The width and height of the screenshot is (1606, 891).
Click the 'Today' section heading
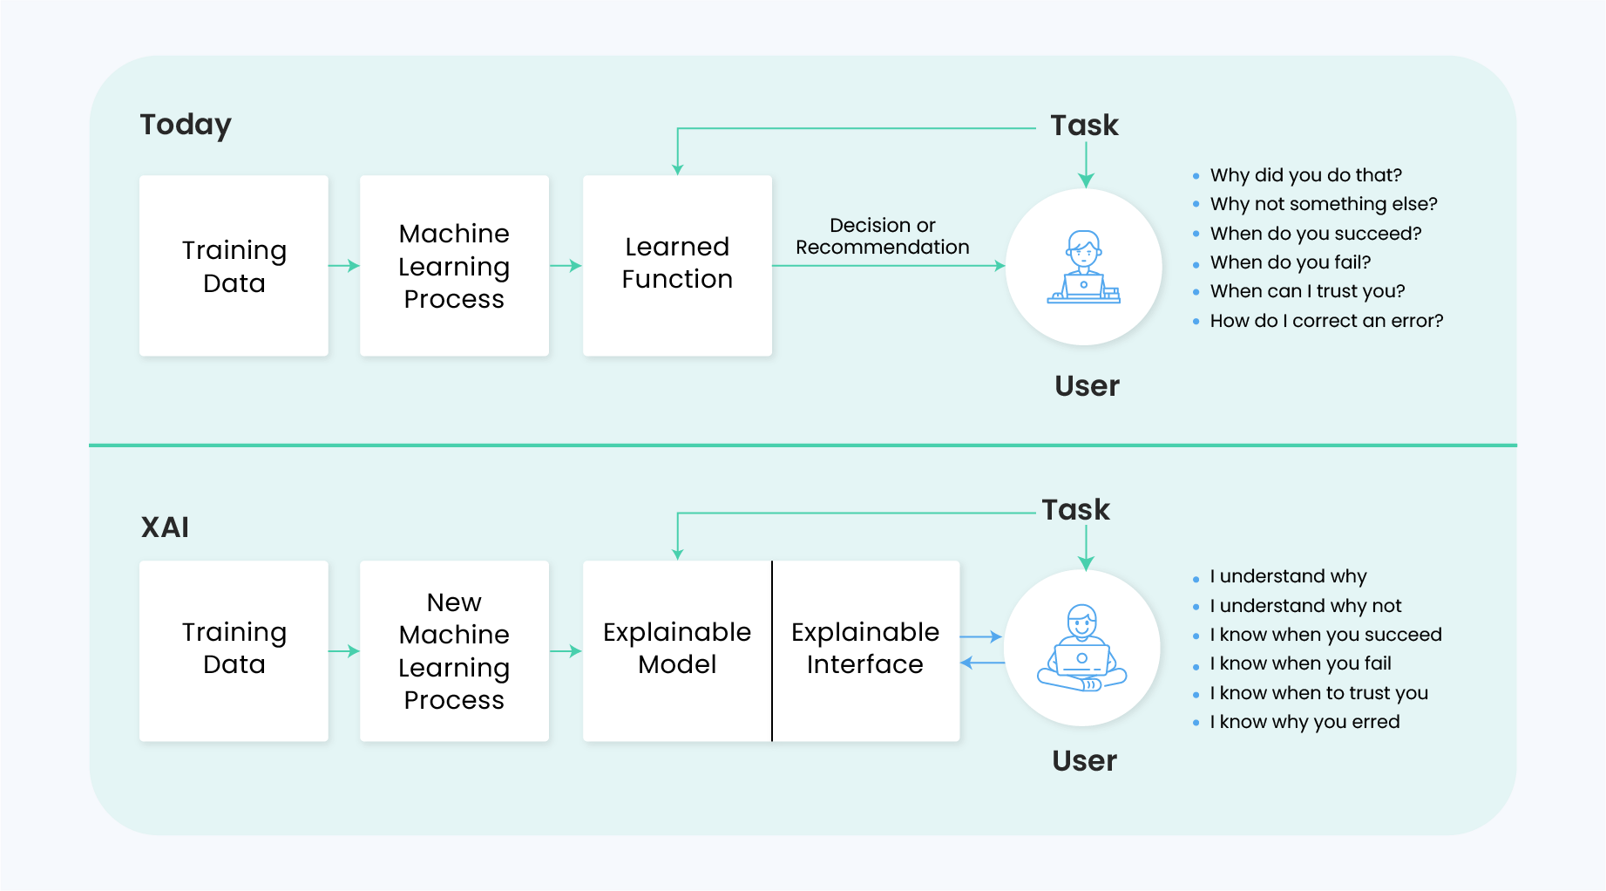click(186, 125)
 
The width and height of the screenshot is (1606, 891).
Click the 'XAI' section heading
click(165, 527)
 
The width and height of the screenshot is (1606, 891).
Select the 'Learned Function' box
click(677, 265)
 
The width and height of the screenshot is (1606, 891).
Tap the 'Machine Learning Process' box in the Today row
click(454, 265)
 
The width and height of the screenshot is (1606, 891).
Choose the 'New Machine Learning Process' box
click(454, 650)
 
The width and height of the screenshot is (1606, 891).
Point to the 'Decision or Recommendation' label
click(882, 236)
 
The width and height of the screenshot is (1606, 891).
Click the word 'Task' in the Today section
click(1084, 126)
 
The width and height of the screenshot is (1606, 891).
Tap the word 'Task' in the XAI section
click(1075, 510)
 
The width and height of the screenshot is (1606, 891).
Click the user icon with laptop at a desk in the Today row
click(1083, 267)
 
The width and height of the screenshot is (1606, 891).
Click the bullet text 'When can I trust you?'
click(1307, 291)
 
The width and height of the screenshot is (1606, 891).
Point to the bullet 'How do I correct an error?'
click(1325, 321)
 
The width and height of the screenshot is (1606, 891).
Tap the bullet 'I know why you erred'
click(1304, 722)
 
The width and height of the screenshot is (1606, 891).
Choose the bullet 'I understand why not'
click(1304, 606)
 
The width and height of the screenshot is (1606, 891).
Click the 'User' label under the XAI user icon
click(1084, 761)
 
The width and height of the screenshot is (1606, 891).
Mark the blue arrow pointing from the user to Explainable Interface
click(982, 663)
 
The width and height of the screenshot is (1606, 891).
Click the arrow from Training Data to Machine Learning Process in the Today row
click(344, 265)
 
